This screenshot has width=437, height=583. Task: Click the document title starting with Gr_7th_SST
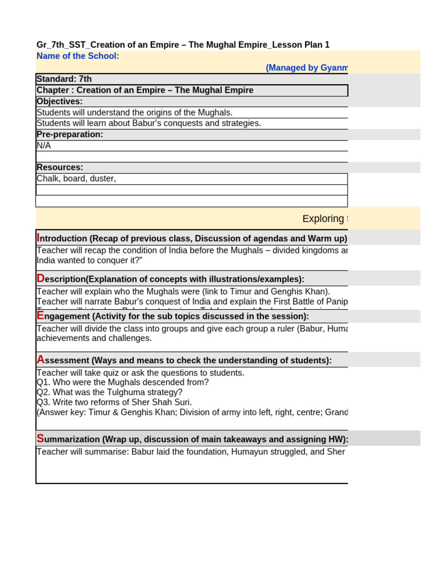coord(183,45)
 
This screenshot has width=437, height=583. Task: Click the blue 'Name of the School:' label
coord(78,56)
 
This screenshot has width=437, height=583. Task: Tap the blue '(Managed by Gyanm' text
coord(307,68)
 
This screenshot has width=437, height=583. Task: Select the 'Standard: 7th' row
coord(64,79)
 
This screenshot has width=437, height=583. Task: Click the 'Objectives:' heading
coord(60,101)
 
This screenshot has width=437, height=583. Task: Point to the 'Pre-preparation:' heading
coord(70,134)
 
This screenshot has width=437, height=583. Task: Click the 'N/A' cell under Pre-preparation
coord(44,146)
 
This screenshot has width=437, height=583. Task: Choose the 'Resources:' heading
coord(60,167)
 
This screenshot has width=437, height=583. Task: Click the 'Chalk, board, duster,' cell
coord(76,179)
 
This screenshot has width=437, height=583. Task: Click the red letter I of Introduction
coord(38,237)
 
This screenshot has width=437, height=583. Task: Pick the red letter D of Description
coord(40,278)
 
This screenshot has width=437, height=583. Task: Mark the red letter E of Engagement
coord(40,315)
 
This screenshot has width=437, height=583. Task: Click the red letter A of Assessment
coord(40,359)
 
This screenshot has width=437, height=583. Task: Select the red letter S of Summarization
coord(40,438)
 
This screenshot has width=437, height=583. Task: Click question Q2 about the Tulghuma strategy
coord(110,392)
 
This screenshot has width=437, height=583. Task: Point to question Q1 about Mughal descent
coord(122,383)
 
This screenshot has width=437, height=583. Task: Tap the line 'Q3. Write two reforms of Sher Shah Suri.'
coord(114,402)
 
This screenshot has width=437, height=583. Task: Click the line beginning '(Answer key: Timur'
coord(192,412)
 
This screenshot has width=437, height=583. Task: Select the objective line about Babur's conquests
coord(149,123)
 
